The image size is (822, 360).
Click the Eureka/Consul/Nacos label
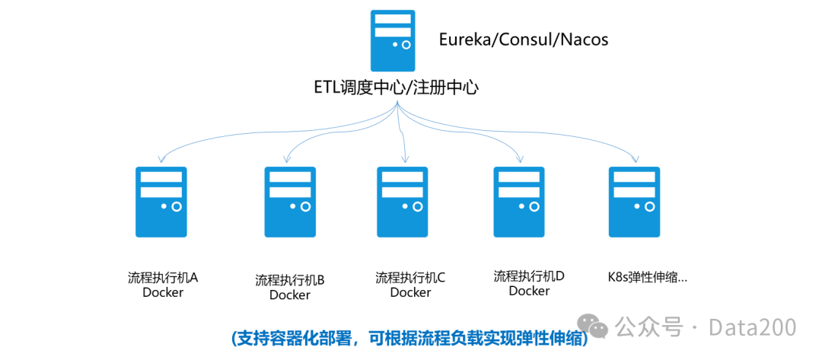click(524, 40)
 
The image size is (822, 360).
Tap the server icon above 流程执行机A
click(161, 202)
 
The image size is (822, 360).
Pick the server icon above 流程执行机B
click(290, 202)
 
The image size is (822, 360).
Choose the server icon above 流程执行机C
click(403, 202)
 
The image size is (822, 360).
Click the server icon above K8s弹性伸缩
click(634, 202)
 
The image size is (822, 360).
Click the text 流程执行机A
click(163, 277)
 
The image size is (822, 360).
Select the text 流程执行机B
click(290, 279)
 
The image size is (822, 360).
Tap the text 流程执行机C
click(410, 278)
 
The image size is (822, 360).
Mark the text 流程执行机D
click(529, 276)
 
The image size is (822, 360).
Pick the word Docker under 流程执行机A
click(163, 292)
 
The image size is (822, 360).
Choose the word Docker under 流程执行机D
click(529, 291)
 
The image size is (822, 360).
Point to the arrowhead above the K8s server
click(636, 159)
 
